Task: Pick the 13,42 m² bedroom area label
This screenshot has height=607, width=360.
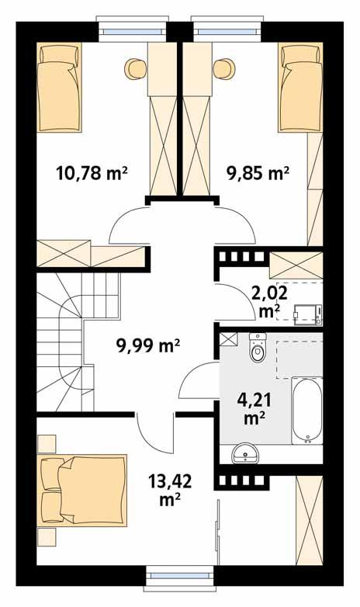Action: point(168,491)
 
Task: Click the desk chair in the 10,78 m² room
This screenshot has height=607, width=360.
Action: point(134,68)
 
